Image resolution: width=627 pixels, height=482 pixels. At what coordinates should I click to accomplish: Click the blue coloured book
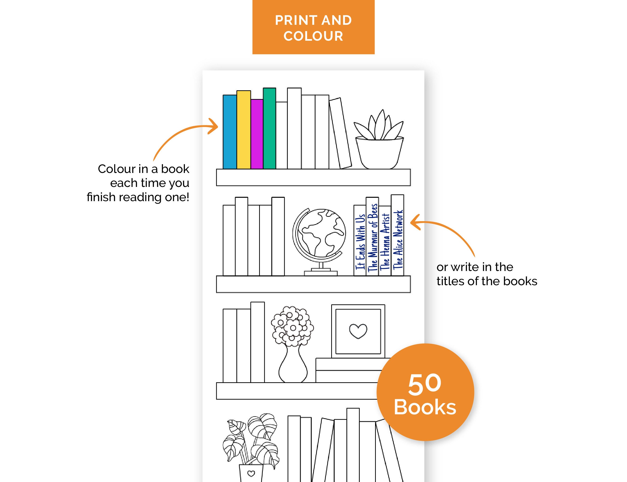point(230,132)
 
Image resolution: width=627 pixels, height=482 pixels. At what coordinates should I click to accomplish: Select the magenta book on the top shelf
point(257,134)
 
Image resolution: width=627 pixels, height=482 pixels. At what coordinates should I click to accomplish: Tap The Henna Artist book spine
point(385,241)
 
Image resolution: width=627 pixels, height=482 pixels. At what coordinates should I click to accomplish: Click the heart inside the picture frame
point(358,331)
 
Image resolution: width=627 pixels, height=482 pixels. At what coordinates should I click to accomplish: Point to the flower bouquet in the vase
point(292,326)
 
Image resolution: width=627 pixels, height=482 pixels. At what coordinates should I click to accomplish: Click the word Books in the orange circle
point(425,407)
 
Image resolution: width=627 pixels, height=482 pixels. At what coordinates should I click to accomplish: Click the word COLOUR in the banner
point(313,36)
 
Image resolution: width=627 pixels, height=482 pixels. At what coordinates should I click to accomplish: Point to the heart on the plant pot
point(251,473)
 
